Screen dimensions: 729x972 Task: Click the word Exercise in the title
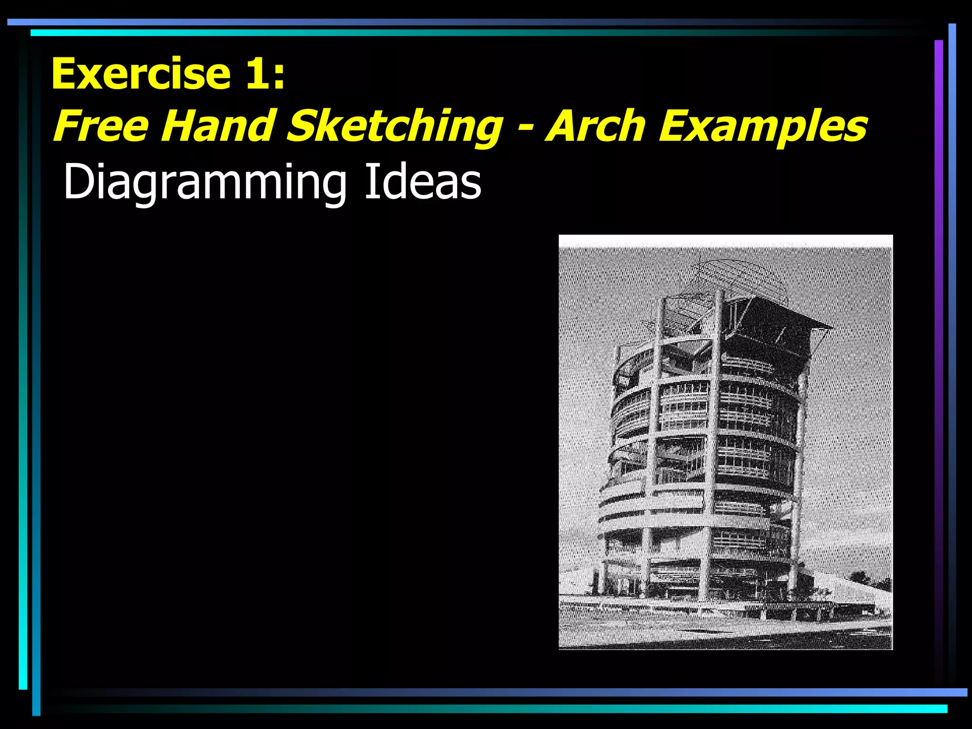141,74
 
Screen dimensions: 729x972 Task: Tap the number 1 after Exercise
255,74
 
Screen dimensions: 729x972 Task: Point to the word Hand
218,126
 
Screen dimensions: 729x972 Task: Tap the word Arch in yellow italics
596,126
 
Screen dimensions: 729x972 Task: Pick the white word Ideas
422,181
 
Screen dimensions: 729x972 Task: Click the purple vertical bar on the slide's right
938,332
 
